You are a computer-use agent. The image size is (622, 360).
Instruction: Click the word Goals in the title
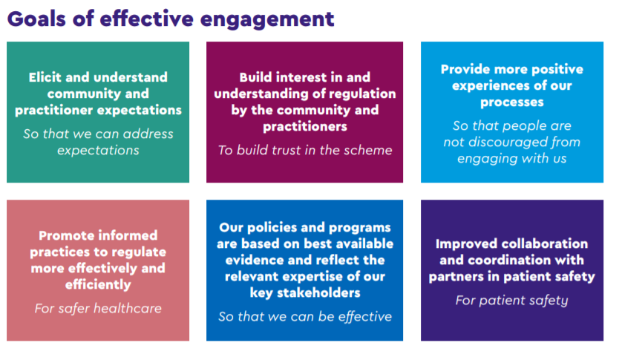pos(36,19)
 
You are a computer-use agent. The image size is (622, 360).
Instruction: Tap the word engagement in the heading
pos(267,20)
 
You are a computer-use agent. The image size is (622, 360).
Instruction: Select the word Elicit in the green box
pos(45,77)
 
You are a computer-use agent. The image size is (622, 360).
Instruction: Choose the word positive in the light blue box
pos(557,70)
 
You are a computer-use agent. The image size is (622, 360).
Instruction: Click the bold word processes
pos(511,102)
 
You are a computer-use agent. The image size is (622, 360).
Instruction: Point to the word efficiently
pos(98,284)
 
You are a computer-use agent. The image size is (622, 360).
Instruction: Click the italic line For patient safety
pos(511,301)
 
